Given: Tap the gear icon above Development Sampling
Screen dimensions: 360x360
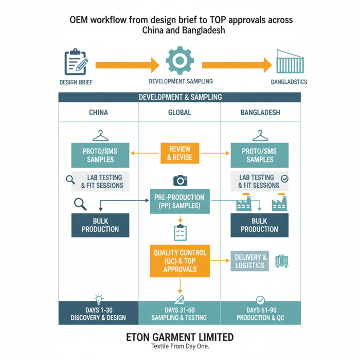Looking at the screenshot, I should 180,61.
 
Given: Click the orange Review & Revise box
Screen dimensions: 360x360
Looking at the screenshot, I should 179,153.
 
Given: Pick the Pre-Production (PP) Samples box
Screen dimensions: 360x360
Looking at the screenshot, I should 179,201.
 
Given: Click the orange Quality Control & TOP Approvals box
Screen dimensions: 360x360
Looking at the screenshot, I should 179,261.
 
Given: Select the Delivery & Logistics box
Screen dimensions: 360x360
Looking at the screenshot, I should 250,261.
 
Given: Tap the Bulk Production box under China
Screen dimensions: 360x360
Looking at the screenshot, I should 100,225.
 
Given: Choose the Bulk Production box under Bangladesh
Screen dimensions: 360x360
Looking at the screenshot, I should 259,225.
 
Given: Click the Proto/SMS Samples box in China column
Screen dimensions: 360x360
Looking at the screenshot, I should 100,155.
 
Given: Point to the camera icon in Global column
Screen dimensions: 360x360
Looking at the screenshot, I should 180,181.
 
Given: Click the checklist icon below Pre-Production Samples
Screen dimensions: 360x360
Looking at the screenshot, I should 180,233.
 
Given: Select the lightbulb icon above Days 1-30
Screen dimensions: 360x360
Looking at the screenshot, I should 99,299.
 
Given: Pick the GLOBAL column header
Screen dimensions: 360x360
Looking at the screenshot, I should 179,113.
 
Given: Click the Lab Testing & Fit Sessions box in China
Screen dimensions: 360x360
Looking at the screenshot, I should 101,181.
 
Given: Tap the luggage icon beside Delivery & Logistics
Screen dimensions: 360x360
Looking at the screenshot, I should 281,261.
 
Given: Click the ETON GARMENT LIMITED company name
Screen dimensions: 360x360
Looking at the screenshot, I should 179,337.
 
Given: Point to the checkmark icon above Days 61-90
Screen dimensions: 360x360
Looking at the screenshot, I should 260,300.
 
